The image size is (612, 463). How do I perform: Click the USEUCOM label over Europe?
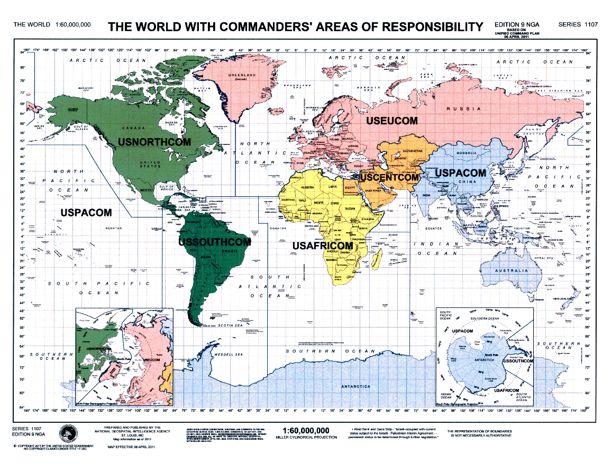[x=392, y=121]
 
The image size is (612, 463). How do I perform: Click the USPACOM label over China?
[x=460, y=173]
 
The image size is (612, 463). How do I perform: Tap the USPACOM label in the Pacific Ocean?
[x=86, y=212]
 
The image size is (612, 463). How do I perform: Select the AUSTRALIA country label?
[x=511, y=271]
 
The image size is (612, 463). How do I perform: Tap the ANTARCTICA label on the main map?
[x=355, y=387]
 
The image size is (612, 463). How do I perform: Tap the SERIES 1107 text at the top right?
[x=577, y=24]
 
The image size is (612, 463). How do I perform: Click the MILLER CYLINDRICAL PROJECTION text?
[x=306, y=438]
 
